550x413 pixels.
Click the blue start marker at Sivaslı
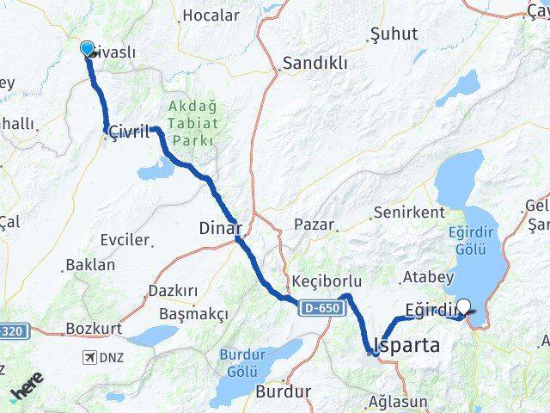point(87,48)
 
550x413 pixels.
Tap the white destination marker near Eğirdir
point(465,305)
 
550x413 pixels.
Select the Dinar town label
point(220,229)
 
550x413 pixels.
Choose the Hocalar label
point(211,15)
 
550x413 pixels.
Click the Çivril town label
point(127,133)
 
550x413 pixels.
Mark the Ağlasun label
point(398,402)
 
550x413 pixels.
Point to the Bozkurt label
point(94,329)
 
